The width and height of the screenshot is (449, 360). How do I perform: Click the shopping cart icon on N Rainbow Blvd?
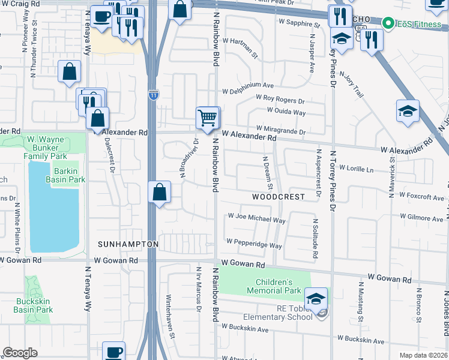pyautogui.click(x=208, y=118)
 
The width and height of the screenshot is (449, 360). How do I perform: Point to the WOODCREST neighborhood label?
pyautogui.click(x=279, y=197)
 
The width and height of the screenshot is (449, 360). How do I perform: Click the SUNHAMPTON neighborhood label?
pyautogui.click(x=128, y=244)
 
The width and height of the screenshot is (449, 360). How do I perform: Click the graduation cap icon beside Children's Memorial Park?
pyautogui.click(x=316, y=297)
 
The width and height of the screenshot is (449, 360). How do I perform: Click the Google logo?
pyautogui.click(x=20, y=352)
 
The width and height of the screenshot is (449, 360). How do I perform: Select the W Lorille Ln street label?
pyautogui.click(x=360, y=169)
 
